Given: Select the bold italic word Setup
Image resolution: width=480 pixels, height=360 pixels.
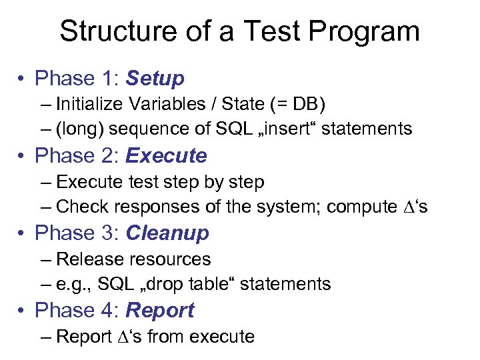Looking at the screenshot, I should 155,79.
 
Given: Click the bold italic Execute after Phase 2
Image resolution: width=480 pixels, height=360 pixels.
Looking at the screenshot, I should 166,157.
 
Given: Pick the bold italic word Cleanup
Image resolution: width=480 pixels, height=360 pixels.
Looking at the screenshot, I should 167,234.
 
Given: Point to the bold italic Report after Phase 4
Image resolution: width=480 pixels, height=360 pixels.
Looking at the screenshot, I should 160,311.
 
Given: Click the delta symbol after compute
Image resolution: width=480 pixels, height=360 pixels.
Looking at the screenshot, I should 408,207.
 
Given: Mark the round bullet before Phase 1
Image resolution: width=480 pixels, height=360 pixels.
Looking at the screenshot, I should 22,79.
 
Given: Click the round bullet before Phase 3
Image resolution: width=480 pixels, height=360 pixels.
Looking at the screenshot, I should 22,234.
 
